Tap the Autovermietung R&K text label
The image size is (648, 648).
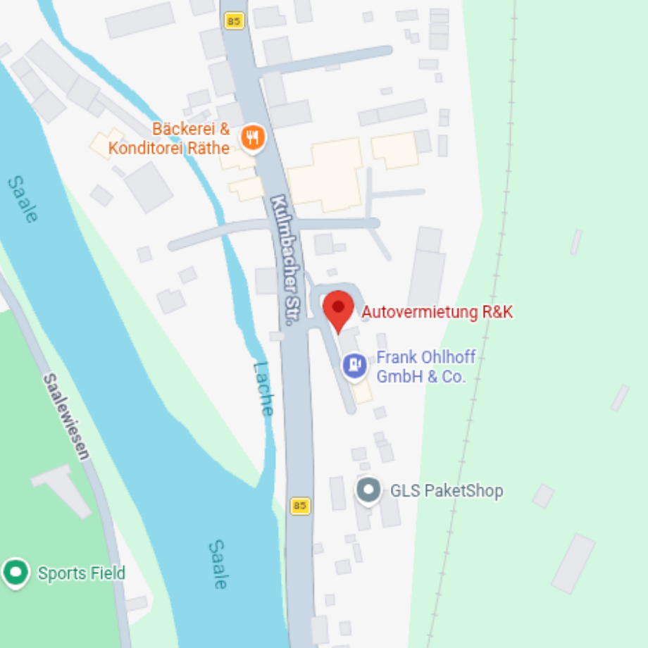click(x=437, y=312)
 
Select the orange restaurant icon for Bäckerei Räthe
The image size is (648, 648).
click(x=253, y=137)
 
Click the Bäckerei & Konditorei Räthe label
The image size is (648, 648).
click(x=169, y=139)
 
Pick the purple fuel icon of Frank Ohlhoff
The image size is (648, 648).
click(x=354, y=365)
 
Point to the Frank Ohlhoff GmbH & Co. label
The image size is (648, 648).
click(x=425, y=367)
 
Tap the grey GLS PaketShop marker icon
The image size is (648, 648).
click(x=368, y=491)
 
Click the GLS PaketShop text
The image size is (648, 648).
click(x=447, y=491)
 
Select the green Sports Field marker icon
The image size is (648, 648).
click(x=15, y=573)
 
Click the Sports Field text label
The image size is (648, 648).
click(x=81, y=573)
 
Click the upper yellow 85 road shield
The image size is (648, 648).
click(x=234, y=21)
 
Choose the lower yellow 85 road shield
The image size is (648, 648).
click(x=300, y=506)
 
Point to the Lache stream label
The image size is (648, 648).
click(x=263, y=388)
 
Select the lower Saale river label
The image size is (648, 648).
click(x=218, y=563)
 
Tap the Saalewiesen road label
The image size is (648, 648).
click(x=67, y=416)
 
